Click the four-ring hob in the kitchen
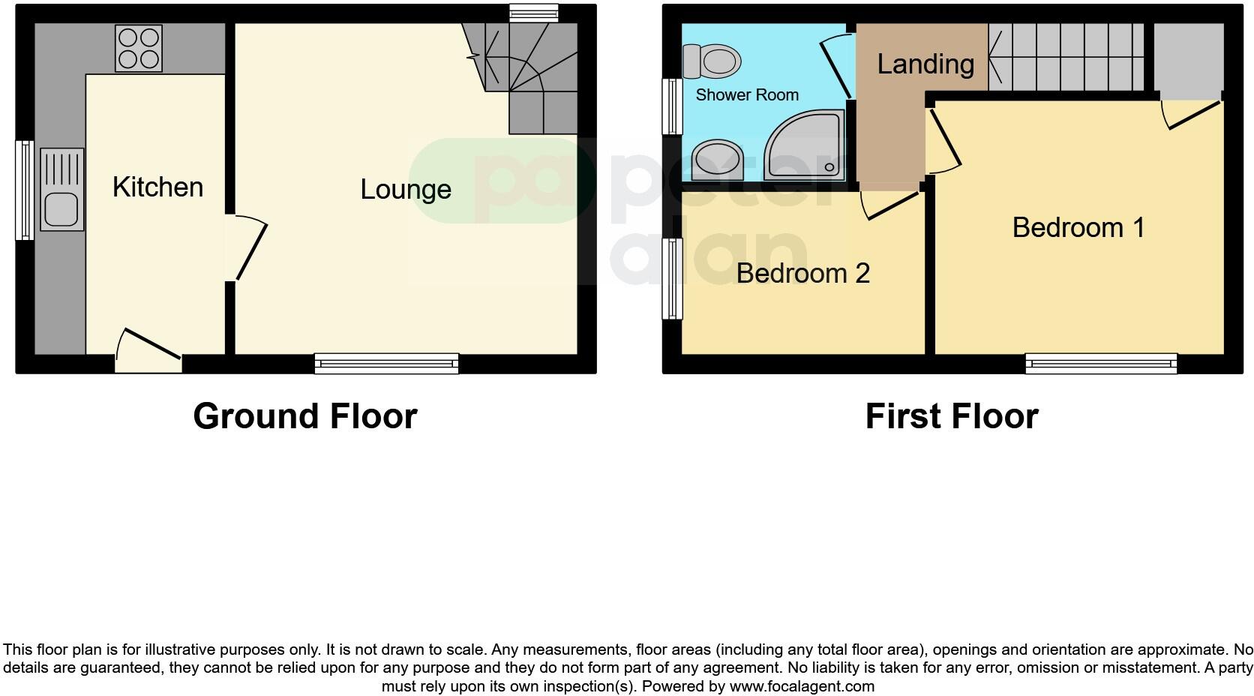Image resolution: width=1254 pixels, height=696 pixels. pyautogui.click(x=139, y=48)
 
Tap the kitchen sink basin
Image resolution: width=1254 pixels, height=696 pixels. pyautogui.click(x=61, y=209)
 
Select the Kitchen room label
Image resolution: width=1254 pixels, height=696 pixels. pyautogui.click(x=157, y=187)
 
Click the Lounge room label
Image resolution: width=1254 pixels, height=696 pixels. pyautogui.click(x=406, y=189)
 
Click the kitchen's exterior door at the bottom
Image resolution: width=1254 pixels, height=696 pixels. pyautogui.click(x=149, y=352)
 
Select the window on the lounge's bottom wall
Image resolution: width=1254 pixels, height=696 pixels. pyautogui.click(x=386, y=364)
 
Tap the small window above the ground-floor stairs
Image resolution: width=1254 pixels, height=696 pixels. pyautogui.click(x=533, y=11)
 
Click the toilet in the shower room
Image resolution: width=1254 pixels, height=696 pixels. pyautogui.click(x=712, y=61)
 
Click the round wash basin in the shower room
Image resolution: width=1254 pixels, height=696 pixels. pyautogui.click(x=716, y=160)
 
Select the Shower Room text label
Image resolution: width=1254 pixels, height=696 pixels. pyautogui.click(x=747, y=95)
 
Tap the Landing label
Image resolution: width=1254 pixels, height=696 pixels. pyautogui.click(x=925, y=64)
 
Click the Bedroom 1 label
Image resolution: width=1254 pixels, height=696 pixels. pyautogui.click(x=1078, y=227)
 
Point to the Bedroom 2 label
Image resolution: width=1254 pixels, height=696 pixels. pyautogui.click(x=802, y=273)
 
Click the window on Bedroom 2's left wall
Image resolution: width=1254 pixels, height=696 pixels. pyautogui.click(x=672, y=279)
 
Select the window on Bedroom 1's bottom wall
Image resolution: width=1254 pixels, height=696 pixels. pyautogui.click(x=1101, y=364)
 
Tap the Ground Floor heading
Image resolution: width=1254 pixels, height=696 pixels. pyautogui.click(x=304, y=416)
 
